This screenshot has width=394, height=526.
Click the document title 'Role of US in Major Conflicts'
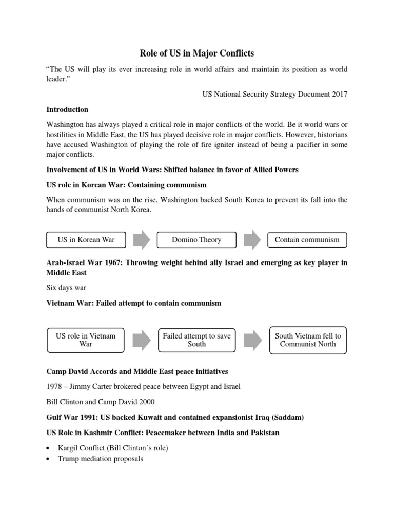click(197, 53)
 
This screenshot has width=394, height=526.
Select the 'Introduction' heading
click(67, 109)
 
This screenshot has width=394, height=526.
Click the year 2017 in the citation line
click(339, 94)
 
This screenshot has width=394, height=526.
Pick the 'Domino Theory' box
click(196, 239)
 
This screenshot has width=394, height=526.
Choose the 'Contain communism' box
click(307, 239)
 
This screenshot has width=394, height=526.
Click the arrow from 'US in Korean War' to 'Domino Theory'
click(141, 240)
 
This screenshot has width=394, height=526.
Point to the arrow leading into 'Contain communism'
click(252, 240)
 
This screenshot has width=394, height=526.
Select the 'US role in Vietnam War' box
click(85, 340)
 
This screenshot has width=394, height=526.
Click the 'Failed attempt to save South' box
click(196, 340)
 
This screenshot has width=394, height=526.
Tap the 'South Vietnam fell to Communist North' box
click(308, 340)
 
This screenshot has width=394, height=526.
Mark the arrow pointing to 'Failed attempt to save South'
click(141, 340)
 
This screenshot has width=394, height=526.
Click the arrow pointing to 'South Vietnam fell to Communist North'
click(252, 340)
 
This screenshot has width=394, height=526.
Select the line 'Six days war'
click(67, 288)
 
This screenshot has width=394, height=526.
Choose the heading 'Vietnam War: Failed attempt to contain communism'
click(134, 303)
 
